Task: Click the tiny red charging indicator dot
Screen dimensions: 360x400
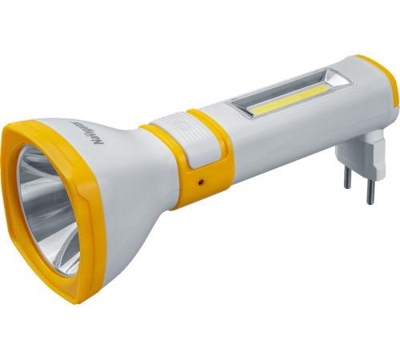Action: [201, 181]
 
